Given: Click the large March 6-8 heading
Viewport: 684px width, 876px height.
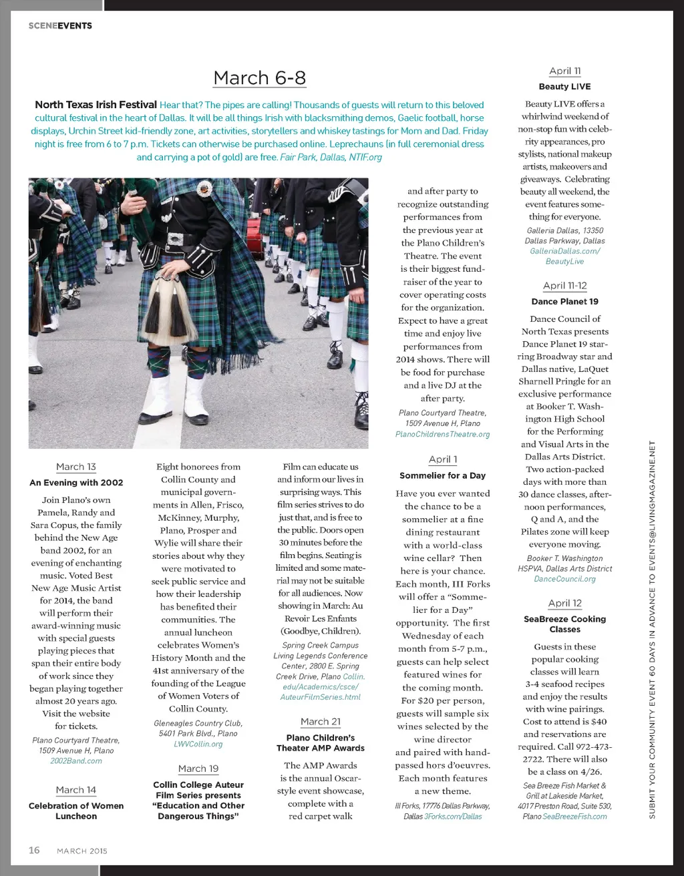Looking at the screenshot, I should pyautogui.click(x=259, y=78).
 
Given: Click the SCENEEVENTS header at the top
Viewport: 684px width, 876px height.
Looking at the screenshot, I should pyautogui.click(x=60, y=25).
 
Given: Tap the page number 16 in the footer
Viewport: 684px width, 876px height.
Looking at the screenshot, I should pyautogui.click(x=34, y=850).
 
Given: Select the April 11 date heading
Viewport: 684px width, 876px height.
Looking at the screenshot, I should pyautogui.click(x=565, y=71).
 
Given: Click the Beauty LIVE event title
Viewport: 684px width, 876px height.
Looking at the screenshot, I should pyautogui.click(x=565, y=86).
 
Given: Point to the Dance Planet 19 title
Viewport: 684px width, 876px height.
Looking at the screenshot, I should pyautogui.click(x=565, y=301).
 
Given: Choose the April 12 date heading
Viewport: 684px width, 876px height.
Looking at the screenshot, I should pyautogui.click(x=565, y=603).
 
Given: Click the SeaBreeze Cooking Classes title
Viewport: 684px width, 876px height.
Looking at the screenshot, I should pyautogui.click(x=565, y=624).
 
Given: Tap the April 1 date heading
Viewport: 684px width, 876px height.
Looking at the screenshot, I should pyautogui.click(x=443, y=459).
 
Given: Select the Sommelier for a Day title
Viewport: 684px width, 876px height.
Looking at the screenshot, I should pyautogui.click(x=443, y=475).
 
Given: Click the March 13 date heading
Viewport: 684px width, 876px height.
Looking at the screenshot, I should pyautogui.click(x=76, y=467).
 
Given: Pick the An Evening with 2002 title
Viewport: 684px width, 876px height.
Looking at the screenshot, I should pyautogui.click(x=76, y=482).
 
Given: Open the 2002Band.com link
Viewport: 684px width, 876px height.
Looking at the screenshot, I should pyautogui.click(x=76, y=760).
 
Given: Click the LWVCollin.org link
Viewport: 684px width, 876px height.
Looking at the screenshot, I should pyautogui.click(x=198, y=744).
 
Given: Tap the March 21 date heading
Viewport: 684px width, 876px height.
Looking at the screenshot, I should pyautogui.click(x=321, y=722).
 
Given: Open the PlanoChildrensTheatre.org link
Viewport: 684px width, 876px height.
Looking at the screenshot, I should pyautogui.click(x=443, y=434).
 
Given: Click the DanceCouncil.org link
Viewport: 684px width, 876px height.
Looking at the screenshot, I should pyautogui.click(x=565, y=579).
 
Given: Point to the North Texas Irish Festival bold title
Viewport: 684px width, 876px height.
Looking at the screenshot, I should pyautogui.click(x=96, y=105).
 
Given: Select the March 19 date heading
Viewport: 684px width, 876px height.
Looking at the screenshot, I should pyautogui.click(x=198, y=769).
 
